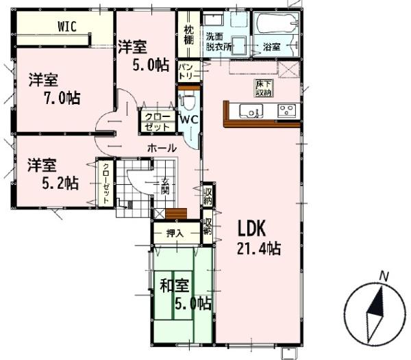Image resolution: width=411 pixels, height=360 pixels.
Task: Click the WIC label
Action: (x=67, y=27)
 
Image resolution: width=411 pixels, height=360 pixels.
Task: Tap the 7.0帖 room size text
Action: (x=62, y=98)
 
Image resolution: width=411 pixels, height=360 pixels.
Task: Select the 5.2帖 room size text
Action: (x=60, y=183)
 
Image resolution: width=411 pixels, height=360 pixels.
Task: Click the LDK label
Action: (x=252, y=228)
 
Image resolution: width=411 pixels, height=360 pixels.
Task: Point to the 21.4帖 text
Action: (x=259, y=248)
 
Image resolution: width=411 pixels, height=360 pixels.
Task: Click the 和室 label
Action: (x=175, y=285)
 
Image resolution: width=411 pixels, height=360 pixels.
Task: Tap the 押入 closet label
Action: (x=175, y=233)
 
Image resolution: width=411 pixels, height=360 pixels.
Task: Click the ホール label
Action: (x=162, y=149)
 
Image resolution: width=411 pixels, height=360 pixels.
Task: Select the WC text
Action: (x=189, y=120)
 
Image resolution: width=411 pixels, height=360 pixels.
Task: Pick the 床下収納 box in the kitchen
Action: (x=264, y=88)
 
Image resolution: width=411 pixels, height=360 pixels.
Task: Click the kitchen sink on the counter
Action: (x=251, y=111)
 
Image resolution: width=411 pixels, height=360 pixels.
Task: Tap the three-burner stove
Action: (x=287, y=110)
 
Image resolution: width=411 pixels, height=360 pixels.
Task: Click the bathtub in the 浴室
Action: (x=277, y=23)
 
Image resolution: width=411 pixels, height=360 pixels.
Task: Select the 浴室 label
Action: (x=271, y=47)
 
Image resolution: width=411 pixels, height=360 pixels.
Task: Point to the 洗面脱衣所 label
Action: (x=219, y=41)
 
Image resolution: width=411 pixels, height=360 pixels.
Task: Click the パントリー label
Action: (x=189, y=72)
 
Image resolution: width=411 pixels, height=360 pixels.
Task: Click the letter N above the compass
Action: (x=384, y=277)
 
